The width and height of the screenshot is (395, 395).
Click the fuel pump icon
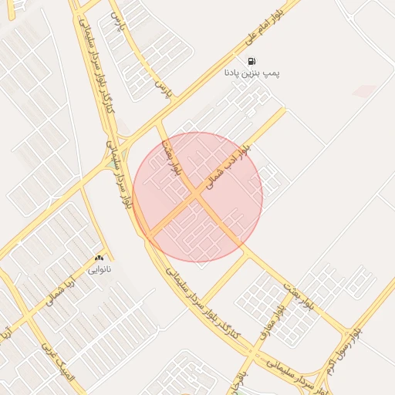pyautogui.click(x=252, y=61)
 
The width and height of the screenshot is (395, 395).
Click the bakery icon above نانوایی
pyautogui.click(x=98, y=258)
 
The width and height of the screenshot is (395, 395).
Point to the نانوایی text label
pyautogui.click(x=98, y=269)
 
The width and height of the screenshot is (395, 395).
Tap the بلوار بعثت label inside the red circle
pyautogui.click(x=177, y=157)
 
